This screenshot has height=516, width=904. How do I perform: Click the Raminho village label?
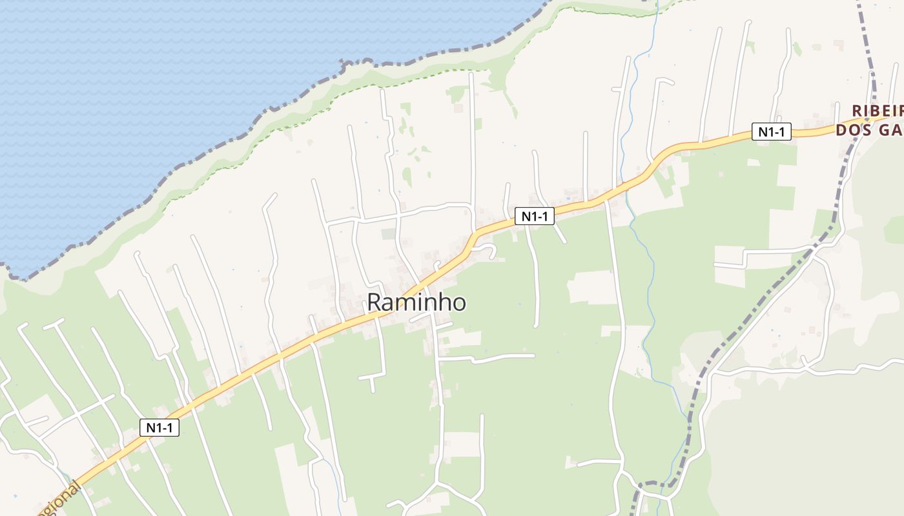416,302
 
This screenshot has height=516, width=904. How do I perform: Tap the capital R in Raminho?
375,303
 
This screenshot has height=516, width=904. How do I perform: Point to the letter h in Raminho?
442,302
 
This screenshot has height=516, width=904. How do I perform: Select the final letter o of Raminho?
458,304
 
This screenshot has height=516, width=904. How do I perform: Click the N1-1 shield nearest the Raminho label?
535,217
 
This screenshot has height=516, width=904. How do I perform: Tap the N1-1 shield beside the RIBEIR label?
772,132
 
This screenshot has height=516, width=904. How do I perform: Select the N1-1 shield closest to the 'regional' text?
159,427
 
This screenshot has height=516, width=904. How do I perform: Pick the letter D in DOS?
841,130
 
